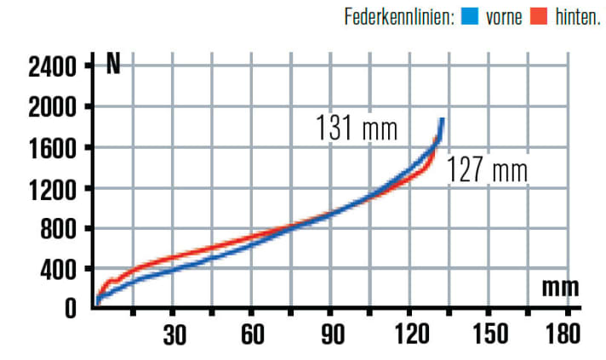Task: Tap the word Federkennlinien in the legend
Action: coord(399,16)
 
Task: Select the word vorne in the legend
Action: coord(504,16)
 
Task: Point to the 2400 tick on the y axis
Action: coord(53,66)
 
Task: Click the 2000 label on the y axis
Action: coord(53,107)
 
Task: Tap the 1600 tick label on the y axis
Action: coord(53,148)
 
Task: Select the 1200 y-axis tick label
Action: coord(53,189)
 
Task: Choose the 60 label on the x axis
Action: coord(252,335)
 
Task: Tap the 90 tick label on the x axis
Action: coord(331,335)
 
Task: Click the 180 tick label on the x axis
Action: coord(563,335)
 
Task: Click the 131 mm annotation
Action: coord(357,129)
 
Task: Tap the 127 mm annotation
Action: coord(488,169)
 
